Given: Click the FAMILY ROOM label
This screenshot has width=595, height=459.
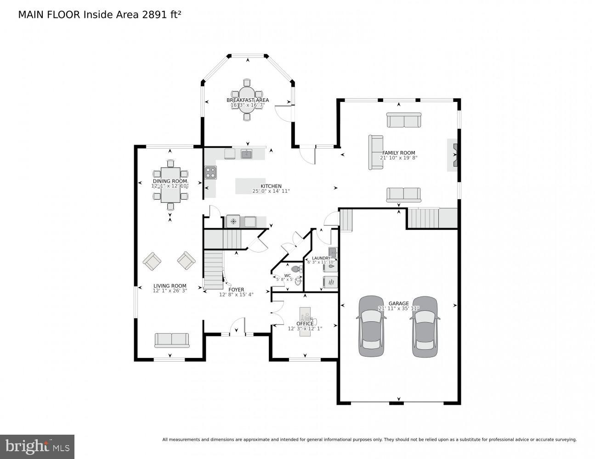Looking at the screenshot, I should [x=398, y=153].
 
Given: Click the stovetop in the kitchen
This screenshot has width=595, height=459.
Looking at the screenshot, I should [x=210, y=172].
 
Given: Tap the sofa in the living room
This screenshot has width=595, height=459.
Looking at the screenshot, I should [x=172, y=340].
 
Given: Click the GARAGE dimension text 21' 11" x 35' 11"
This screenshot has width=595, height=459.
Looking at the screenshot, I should [x=398, y=309].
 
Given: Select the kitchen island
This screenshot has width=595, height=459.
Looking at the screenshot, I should [x=250, y=186].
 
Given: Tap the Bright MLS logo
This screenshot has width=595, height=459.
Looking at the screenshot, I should [x=37, y=446].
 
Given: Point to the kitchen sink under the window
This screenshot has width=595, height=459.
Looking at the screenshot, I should [x=247, y=154].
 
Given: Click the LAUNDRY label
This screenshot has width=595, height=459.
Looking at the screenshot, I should [x=321, y=258].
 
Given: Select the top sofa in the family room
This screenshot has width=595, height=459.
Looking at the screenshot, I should [x=403, y=121].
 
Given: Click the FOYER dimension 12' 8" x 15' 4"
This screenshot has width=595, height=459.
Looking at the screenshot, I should [x=236, y=295].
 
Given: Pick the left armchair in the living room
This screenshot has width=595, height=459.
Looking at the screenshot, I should [x=152, y=261].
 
